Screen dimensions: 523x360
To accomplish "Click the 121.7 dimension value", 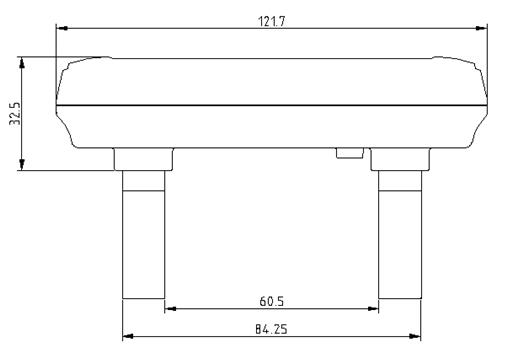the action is coord(272,22).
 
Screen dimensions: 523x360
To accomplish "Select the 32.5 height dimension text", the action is coord(15,113).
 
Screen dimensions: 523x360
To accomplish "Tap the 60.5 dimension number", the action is coord(272,302).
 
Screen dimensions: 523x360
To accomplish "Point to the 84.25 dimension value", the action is coord(271,329).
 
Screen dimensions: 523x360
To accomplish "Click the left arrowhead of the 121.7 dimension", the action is coord(62,28).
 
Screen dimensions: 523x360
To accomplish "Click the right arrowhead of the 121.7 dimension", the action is coord(481,28).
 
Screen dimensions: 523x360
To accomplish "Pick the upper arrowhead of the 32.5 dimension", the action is coord(22,63).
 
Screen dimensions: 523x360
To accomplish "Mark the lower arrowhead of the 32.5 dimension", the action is coord(22,164).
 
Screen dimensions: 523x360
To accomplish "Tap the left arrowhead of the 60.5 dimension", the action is coord(170,309).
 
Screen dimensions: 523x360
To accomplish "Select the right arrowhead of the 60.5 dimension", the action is coord(373,309).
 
